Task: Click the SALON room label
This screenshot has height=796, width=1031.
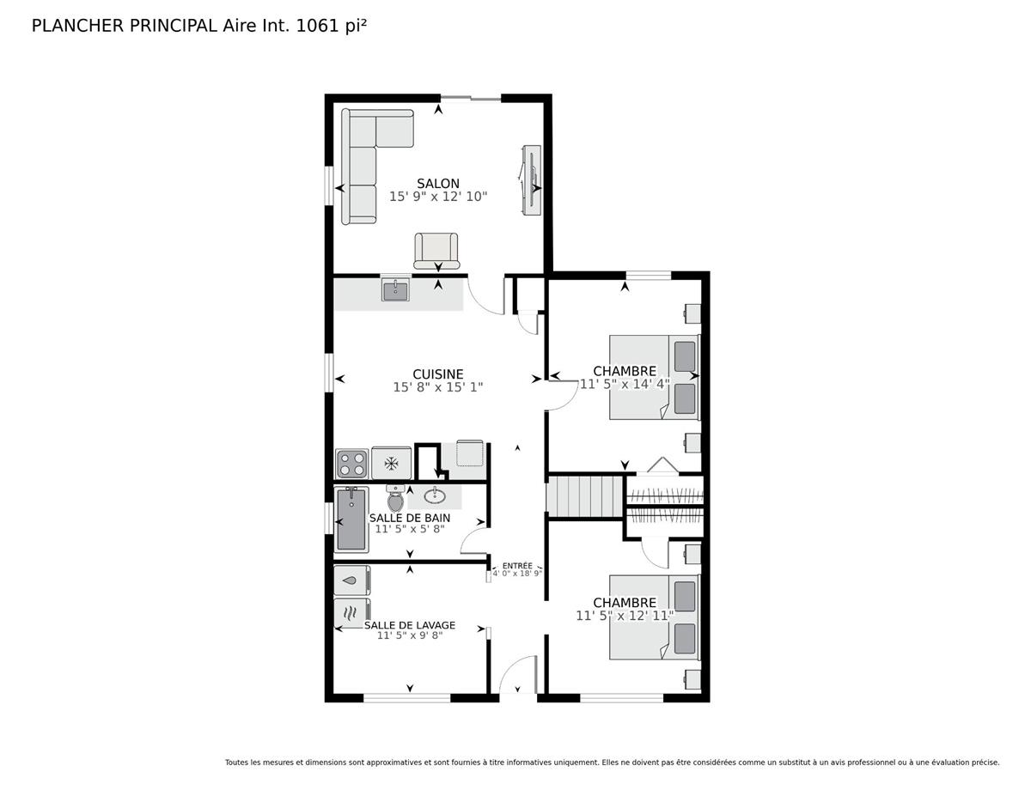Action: tap(437, 183)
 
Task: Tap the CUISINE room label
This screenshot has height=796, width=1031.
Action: tap(437, 374)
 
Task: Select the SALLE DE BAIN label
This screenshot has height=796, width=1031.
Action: tap(410, 518)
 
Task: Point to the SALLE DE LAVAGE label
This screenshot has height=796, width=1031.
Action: tap(410, 625)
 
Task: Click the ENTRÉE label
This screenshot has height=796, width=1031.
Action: tap(517, 566)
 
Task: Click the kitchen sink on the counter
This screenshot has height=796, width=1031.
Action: tap(394, 289)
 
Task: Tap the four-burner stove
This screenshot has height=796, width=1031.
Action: tap(351, 464)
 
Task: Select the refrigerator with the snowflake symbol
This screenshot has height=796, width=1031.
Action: tap(391, 463)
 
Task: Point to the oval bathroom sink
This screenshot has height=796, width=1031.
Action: tap(435, 496)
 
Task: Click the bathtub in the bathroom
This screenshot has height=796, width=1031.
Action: tap(351, 520)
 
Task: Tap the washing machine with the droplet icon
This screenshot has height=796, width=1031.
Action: tap(351, 580)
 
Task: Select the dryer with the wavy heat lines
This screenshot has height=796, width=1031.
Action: tap(351, 613)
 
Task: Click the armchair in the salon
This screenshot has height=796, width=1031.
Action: tap(436, 251)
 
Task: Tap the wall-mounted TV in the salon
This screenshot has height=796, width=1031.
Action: tap(531, 180)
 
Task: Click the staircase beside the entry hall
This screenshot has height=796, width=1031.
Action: tap(584, 496)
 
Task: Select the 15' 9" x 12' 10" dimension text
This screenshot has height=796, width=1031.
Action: tap(438, 197)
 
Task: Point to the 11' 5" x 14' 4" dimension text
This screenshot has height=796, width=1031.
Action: tap(625, 384)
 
